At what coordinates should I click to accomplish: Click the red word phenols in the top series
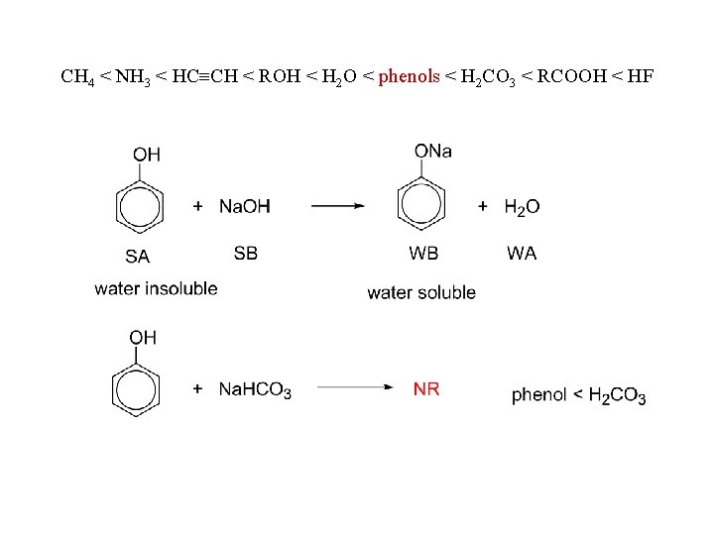(x=409, y=76)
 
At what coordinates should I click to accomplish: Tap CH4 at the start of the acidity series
(x=77, y=77)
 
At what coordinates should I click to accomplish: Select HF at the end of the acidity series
(x=639, y=76)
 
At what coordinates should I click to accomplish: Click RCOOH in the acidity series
(x=571, y=76)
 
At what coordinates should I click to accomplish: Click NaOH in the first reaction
(x=244, y=206)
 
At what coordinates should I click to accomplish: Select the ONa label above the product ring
(x=432, y=151)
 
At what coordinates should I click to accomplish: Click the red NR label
(x=426, y=389)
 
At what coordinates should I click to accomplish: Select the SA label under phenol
(x=137, y=256)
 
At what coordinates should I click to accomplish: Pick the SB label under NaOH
(x=246, y=254)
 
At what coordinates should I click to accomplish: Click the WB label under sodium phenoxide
(x=423, y=254)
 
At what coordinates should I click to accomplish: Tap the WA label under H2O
(x=522, y=254)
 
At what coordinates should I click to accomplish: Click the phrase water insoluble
(x=156, y=289)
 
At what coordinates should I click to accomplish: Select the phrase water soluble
(x=421, y=292)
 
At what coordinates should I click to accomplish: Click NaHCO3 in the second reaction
(x=255, y=390)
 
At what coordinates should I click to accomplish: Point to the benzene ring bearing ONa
(x=423, y=206)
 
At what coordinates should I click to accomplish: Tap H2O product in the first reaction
(x=522, y=207)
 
